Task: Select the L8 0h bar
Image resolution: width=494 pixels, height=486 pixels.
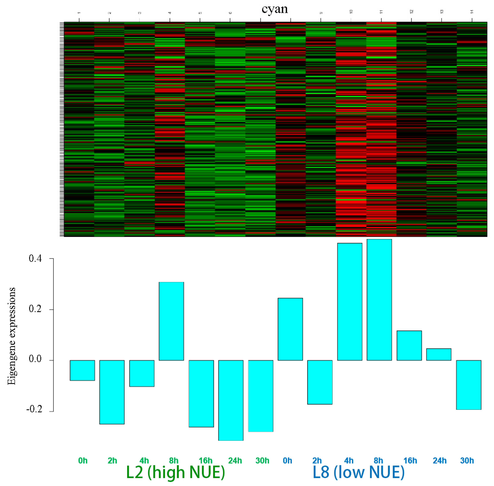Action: [290, 329]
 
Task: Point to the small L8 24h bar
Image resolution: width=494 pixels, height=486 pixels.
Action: [439, 354]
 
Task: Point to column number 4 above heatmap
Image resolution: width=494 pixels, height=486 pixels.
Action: [170, 12]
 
